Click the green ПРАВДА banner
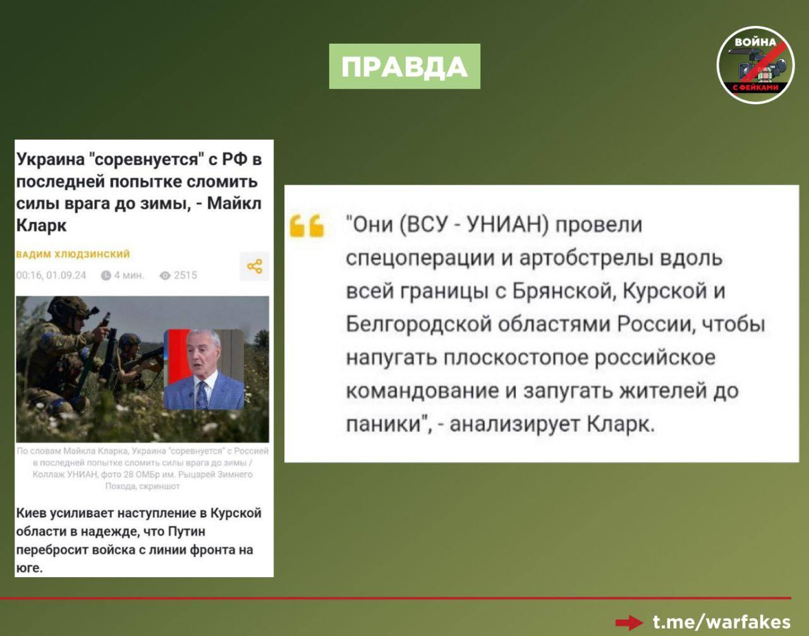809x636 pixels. coord(404,66)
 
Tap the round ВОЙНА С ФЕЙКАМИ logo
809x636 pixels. coord(755,65)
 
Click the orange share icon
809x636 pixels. coord(255,266)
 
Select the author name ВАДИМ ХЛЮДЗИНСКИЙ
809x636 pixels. coord(73,254)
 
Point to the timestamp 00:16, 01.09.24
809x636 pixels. coord(51,275)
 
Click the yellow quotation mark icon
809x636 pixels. coord(307,226)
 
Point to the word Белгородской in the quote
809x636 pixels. coord(418,325)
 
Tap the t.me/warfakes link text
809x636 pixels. coord(722,622)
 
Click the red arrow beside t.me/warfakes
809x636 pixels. coord(629,623)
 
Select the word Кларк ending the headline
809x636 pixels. coord(41,225)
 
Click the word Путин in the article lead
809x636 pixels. coord(187,531)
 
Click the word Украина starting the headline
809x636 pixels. coord(51,160)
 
